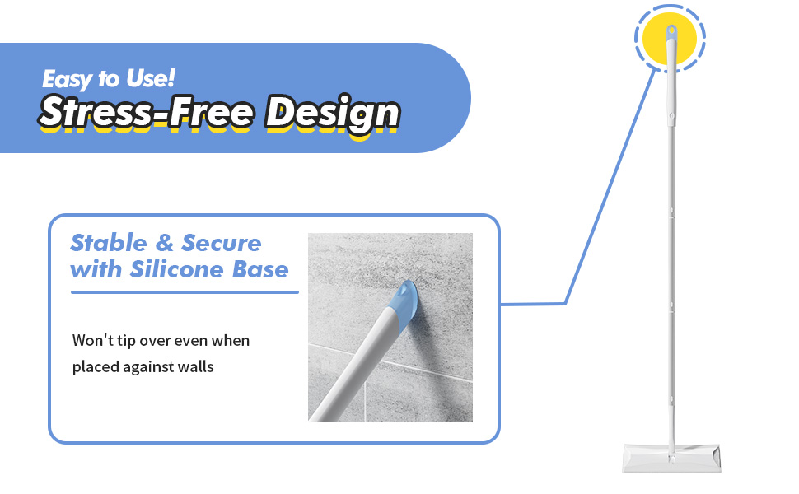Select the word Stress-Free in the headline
click(x=147, y=112)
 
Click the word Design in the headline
click(x=332, y=113)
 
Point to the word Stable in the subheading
click(x=109, y=243)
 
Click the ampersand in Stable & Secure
click(x=165, y=243)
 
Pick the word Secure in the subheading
click(x=222, y=243)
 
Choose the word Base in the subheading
click(x=260, y=269)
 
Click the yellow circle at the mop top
click(x=670, y=38)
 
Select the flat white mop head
click(x=671, y=457)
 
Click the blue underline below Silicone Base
click(x=185, y=292)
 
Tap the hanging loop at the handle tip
click(x=671, y=31)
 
